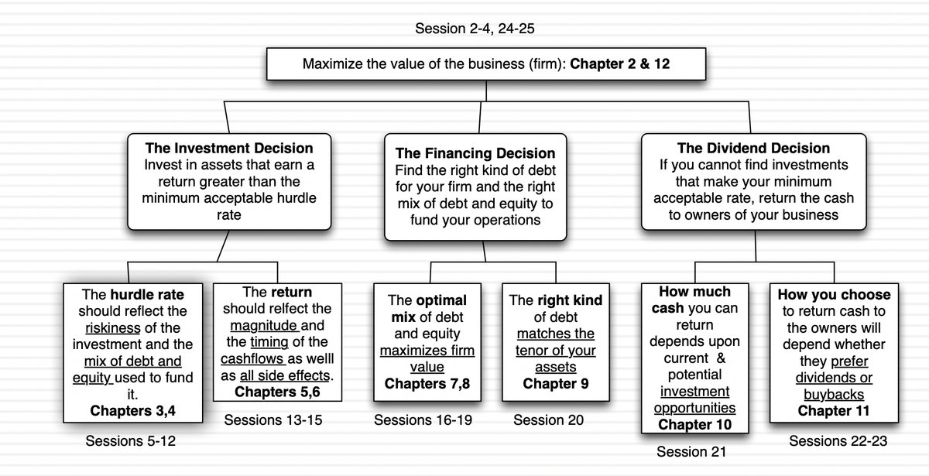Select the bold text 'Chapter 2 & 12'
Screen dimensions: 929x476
[619, 64]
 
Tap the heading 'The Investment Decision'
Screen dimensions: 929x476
[229, 148]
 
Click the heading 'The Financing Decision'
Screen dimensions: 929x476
[475, 153]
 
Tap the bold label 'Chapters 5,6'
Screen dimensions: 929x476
[277, 392]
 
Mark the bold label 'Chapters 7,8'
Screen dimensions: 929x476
[427, 384]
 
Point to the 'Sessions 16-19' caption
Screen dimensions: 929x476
[423, 420]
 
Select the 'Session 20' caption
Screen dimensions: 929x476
[548, 420]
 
